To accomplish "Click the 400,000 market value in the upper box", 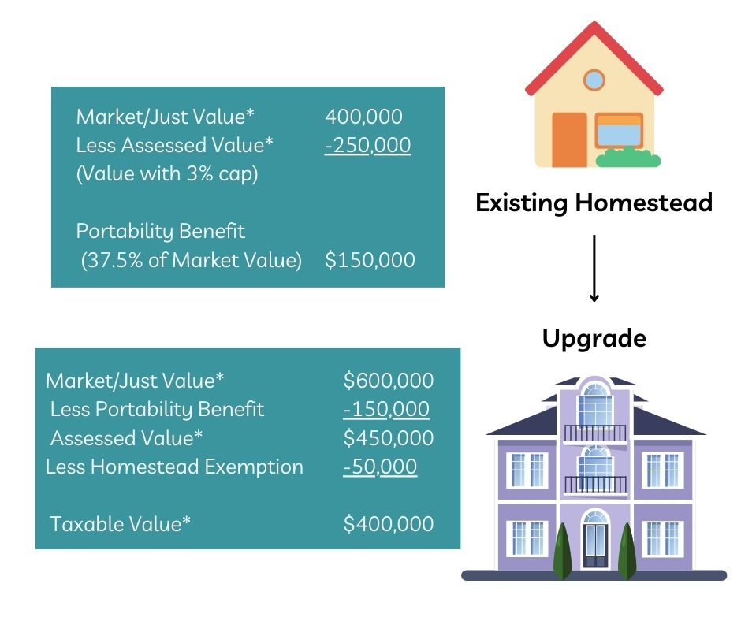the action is tap(363, 117).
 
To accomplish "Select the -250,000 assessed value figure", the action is tap(367, 145).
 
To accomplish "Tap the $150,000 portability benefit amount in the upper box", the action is tap(370, 260).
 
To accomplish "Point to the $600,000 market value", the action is tap(388, 381).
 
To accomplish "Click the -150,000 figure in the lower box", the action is tap(386, 409).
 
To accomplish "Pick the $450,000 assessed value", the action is tap(388, 438).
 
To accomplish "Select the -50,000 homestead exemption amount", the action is tap(380, 467).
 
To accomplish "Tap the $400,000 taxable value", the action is tap(388, 524).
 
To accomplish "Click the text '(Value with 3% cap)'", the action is tap(167, 174).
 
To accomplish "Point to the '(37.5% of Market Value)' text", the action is tap(191, 260).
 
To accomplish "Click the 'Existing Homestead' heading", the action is tap(594, 203).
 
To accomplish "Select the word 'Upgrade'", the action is tap(594, 339).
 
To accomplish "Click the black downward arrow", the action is tap(594, 268).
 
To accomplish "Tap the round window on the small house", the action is tap(594, 80).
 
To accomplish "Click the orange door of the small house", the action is tap(569, 140).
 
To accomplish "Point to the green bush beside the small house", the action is tap(628, 158).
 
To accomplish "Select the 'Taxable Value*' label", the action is tap(120, 524).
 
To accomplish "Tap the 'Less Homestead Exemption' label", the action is tap(174, 467).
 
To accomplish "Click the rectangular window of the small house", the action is tap(619, 129).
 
